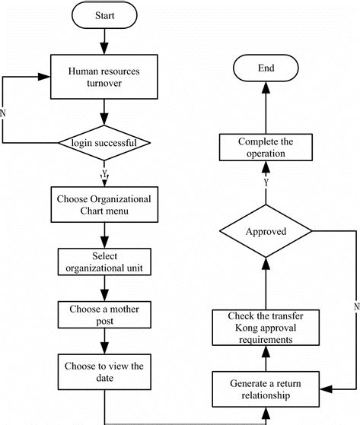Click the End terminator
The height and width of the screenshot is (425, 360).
pos(266,68)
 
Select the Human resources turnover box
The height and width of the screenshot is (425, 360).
pos(104,76)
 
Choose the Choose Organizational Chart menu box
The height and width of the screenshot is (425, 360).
pos(104,205)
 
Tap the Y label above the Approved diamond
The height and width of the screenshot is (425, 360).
pos(266,182)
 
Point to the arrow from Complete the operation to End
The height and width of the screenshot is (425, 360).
pos(266,106)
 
